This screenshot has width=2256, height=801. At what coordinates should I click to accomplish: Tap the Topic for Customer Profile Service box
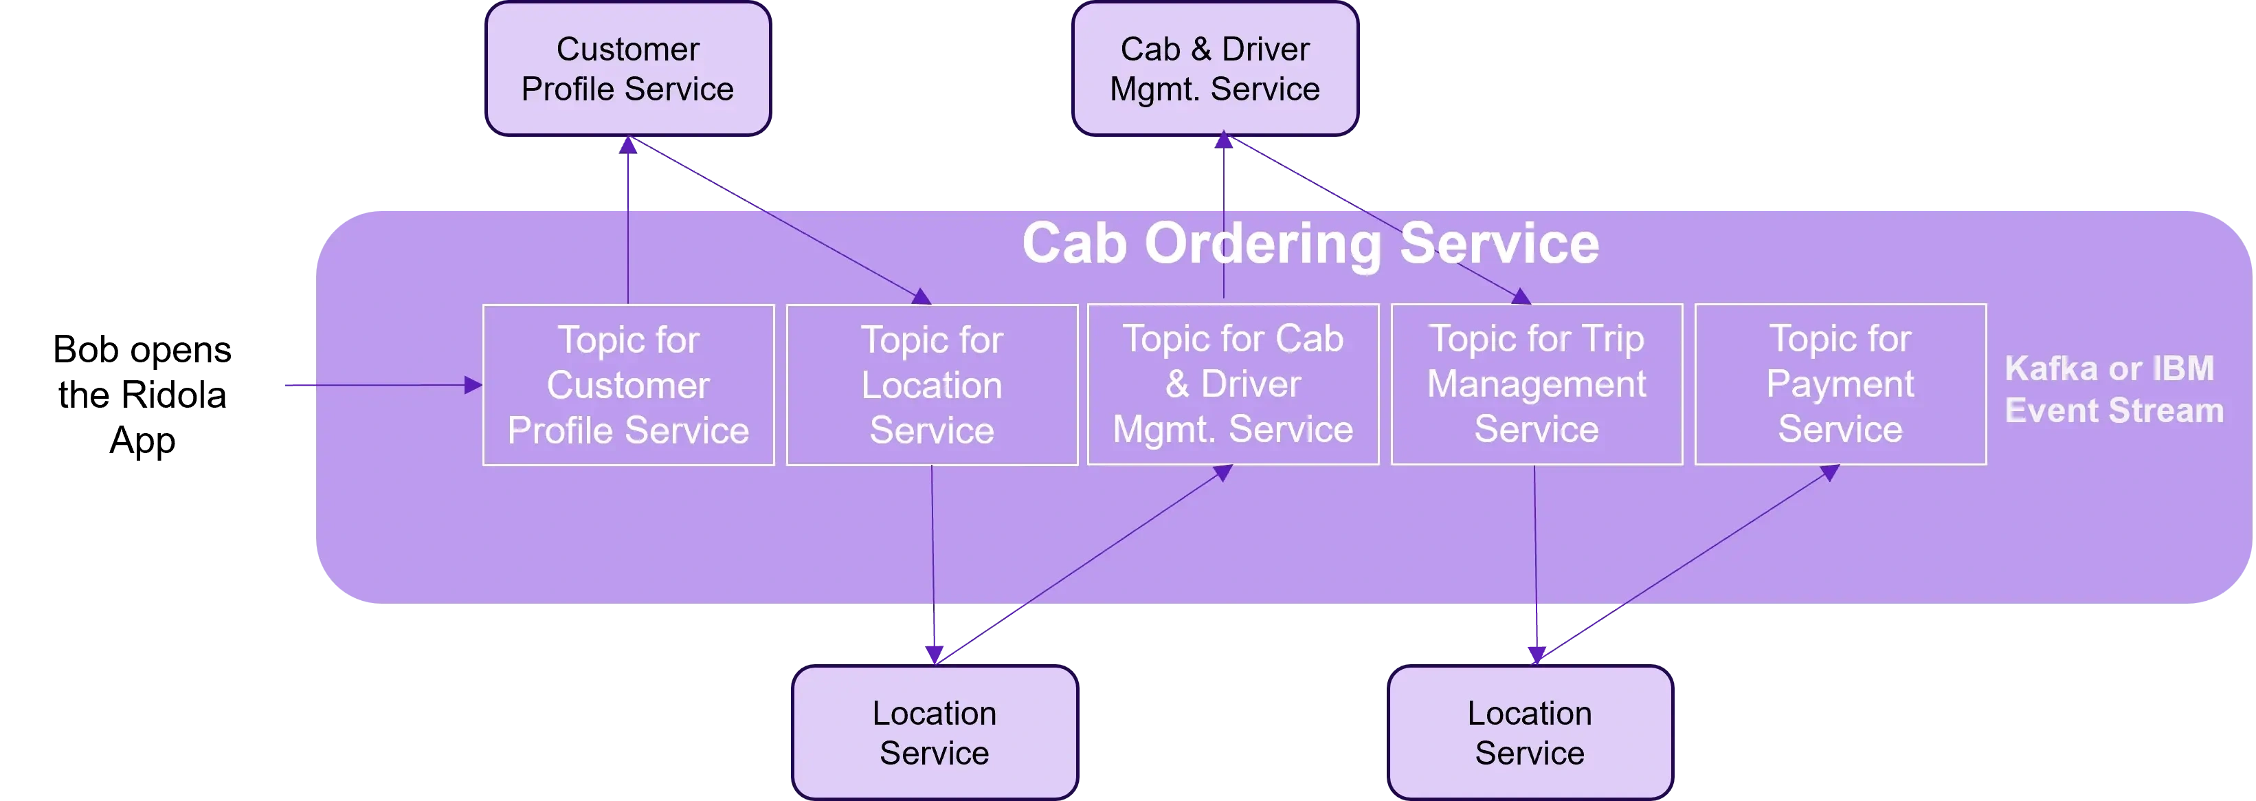[x=628, y=385]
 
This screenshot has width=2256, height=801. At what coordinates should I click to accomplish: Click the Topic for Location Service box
[x=931, y=385]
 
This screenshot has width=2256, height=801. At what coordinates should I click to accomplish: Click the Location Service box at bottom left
[x=935, y=733]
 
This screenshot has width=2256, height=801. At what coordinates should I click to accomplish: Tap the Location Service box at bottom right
[x=1529, y=733]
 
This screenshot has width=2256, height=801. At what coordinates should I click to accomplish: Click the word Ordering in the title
[x=1262, y=243]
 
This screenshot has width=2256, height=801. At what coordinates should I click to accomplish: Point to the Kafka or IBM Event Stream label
[x=2112, y=389]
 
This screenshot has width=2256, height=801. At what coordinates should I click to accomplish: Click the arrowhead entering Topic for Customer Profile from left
[x=473, y=385]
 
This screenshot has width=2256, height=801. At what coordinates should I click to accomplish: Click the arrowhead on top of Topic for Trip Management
[x=1521, y=297]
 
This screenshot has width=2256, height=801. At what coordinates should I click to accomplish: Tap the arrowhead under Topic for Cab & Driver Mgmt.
[x=1223, y=473]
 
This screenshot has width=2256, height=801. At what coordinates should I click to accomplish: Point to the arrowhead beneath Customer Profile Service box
[x=627, y=144]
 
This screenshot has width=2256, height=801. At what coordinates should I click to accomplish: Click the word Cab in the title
[x=1073, y=243]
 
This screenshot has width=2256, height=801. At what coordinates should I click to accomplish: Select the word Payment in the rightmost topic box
[x=1840, y=384]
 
